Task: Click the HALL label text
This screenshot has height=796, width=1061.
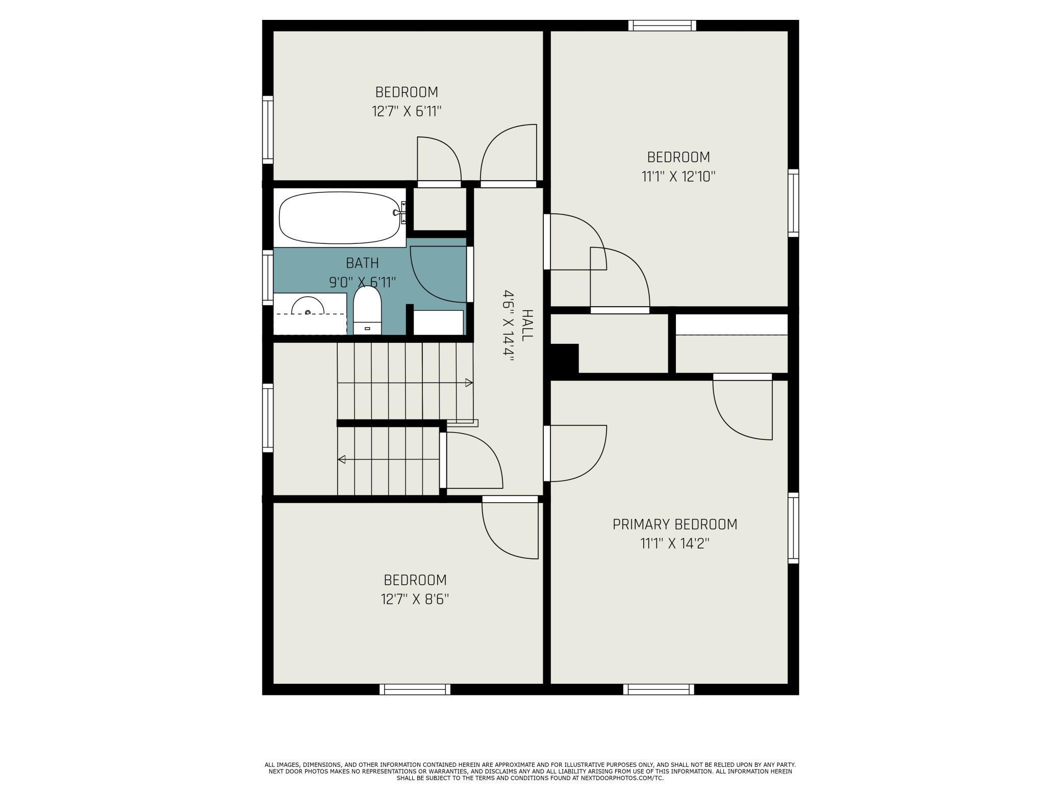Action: (527, 325)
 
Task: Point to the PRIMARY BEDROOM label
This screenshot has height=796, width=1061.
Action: (674, 525)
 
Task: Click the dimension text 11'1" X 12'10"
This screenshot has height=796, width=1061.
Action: (678, 177)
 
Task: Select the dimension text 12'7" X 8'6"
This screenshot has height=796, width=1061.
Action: (415, 599)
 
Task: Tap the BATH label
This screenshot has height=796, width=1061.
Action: (362, 263)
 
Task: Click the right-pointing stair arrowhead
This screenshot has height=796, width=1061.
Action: (469, 383)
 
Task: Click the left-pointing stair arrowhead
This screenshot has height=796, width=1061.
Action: (342, 459)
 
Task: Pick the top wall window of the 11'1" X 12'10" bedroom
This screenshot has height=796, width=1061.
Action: (662, 26)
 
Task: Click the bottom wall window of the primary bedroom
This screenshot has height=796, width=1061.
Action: (659, 689)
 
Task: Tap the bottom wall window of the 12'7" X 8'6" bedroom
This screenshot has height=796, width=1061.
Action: (415, 689)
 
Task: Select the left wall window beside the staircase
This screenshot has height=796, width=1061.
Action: (268, 418)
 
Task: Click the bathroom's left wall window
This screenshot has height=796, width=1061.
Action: (268, 278)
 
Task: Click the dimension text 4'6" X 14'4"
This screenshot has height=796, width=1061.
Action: (509, 326)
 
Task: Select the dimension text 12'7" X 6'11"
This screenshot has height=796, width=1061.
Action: (407, 111)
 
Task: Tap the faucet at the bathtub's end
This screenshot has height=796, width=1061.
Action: (399, 213)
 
